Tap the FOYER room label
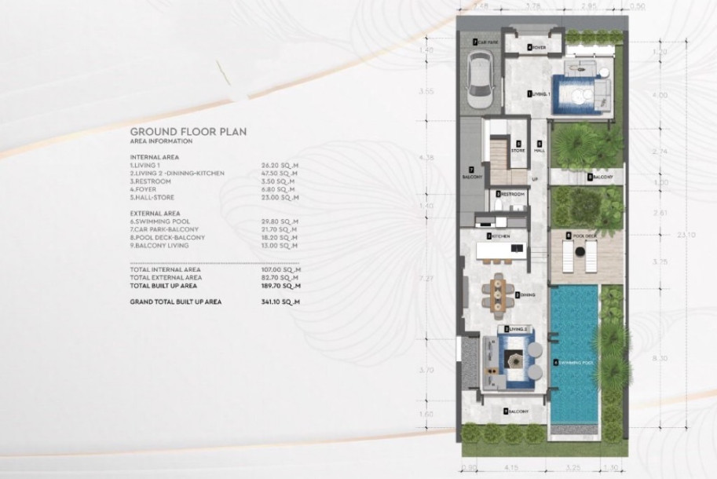(x=538, y=47)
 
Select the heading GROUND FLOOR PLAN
(x=188, y=133)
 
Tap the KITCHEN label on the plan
(x=500, y=236)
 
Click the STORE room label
(x=518, y=148)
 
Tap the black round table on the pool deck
(x=579, y=252)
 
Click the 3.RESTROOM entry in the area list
(x=149, y=181)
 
